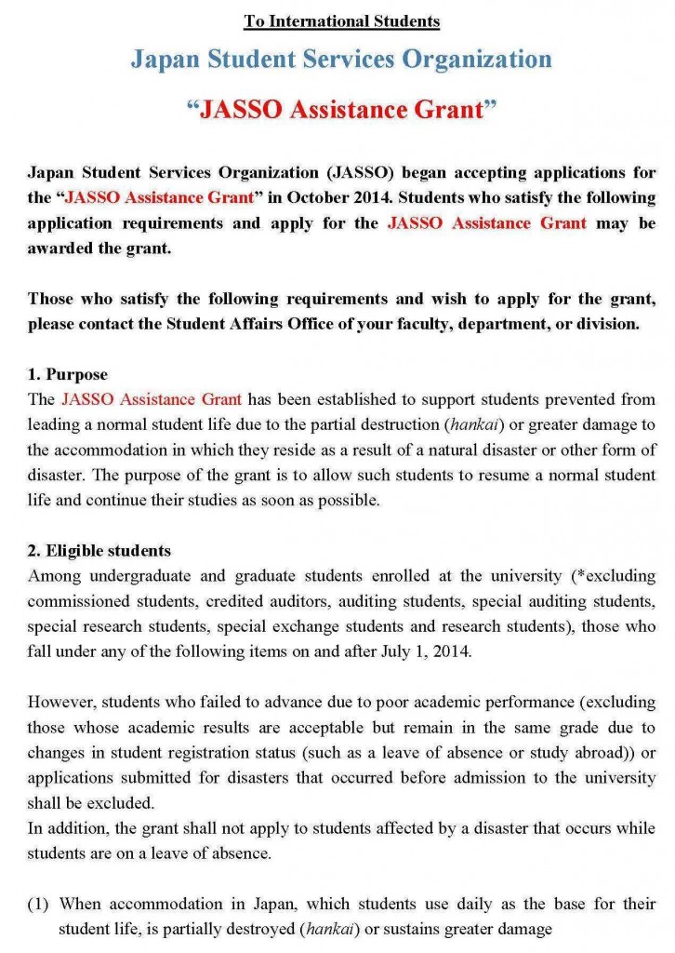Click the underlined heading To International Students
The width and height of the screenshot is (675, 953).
point(341,20)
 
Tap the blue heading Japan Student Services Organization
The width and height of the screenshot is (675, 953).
point(341,60)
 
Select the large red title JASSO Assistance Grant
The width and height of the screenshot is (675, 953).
point(341,110)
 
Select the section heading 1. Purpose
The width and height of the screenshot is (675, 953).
point(68,374)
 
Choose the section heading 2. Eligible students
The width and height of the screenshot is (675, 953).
point(99,550)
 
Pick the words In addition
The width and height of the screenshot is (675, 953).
point(63,827)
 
